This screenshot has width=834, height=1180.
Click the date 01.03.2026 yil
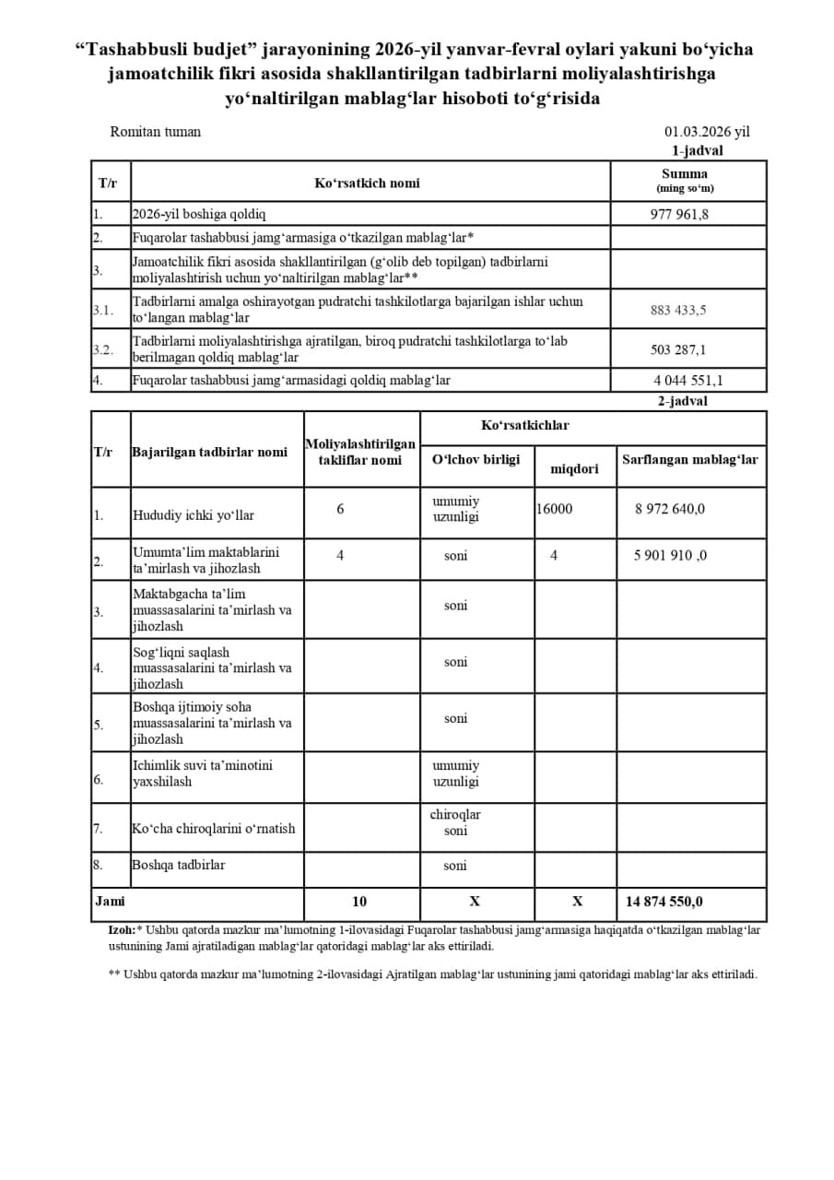(x=707, y=132)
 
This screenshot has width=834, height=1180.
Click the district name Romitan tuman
(x=155, y=132)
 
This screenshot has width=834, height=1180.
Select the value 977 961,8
(x=679, y=215)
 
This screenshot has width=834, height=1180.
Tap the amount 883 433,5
(x=678, y=311)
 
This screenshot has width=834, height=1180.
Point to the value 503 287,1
(x=678, y=350)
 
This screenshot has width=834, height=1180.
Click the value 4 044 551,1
(x=688, y=380)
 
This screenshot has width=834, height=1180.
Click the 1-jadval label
(x=697, y=150)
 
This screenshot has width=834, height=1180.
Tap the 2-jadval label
(x=682, y=401)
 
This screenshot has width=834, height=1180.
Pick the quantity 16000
(x=554, y=509)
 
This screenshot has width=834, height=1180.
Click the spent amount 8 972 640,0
(x=670, y=509)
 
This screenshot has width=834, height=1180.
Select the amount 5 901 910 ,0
(x=670, y=556)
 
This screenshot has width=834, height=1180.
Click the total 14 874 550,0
(x=664, y=902)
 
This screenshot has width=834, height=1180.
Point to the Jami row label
(x=110, y=901)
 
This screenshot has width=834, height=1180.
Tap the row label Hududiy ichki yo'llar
(x=194, y=515)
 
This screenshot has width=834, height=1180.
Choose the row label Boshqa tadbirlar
(x=178, y=865)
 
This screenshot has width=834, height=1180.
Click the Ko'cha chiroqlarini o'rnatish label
(x=214, y=828)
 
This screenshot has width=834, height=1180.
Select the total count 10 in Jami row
(x=359, y=902)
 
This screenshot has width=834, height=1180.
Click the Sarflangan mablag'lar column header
(x=690, y=459)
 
